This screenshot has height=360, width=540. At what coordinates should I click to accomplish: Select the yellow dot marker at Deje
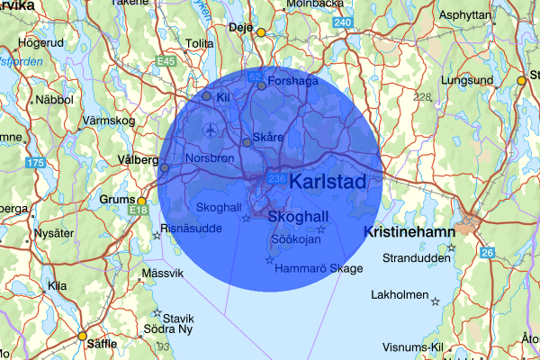[x=261, y=33]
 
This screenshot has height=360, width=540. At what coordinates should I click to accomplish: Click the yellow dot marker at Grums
[x=141, y=201]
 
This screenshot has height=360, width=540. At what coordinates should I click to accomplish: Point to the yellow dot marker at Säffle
[x=82, y=337]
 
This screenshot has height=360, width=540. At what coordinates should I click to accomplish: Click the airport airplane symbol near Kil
[x=211, y=130]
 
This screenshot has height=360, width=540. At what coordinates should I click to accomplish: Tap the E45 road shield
[x=165, y=61]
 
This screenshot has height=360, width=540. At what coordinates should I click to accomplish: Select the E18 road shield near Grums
[x=138, y=211]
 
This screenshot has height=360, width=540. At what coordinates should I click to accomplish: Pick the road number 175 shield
[x=35, y=163]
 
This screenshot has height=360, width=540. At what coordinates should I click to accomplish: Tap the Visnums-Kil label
[x=412, y=346]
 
